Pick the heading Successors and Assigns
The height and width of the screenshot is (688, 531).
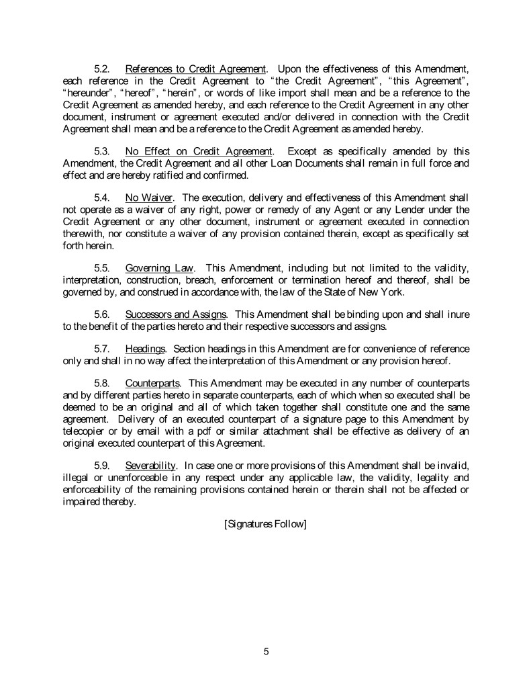click(x=176, y=314)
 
